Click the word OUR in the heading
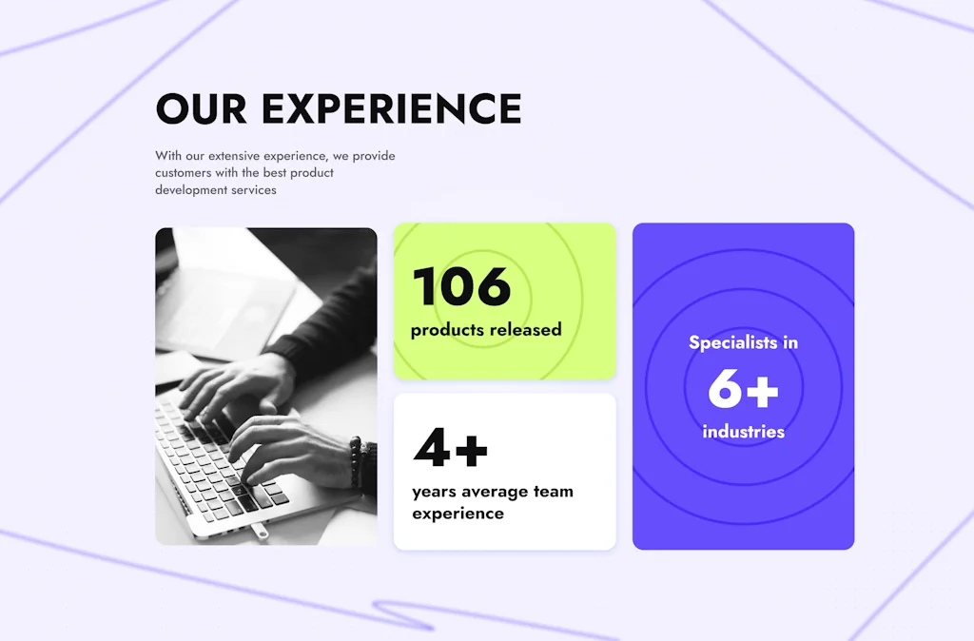click(202, 108)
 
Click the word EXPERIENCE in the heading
click(391, 108)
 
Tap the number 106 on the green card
click(461, 286)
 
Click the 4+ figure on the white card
click(450, 446)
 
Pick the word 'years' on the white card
click(434, 493)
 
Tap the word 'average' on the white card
click(495, 492)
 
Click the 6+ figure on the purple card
click(743, 389)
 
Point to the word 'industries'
click(744, 431)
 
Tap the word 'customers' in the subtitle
click(184, 173)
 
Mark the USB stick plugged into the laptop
click(259, 531)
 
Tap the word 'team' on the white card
click(554, 492)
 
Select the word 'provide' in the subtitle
click(374, 156)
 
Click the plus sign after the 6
click(762, 391)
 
